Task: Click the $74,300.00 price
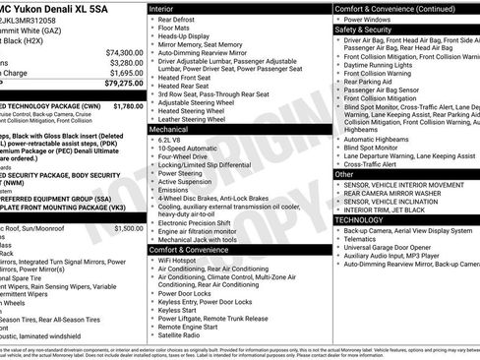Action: pyautogui.click(x=124, y=51)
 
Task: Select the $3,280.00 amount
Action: pyautogui.click(x=126, y=62)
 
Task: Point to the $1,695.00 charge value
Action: pyautogui.click(x=126, y=73)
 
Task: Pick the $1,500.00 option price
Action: pyautogui.click(x=128, y=228)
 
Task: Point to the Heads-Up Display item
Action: pyautogui.click(x=183, y=36)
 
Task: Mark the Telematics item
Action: pyautogui.click(x=359, y=238)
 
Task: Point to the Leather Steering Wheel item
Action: pyautogui.click(x=191, y=118)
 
